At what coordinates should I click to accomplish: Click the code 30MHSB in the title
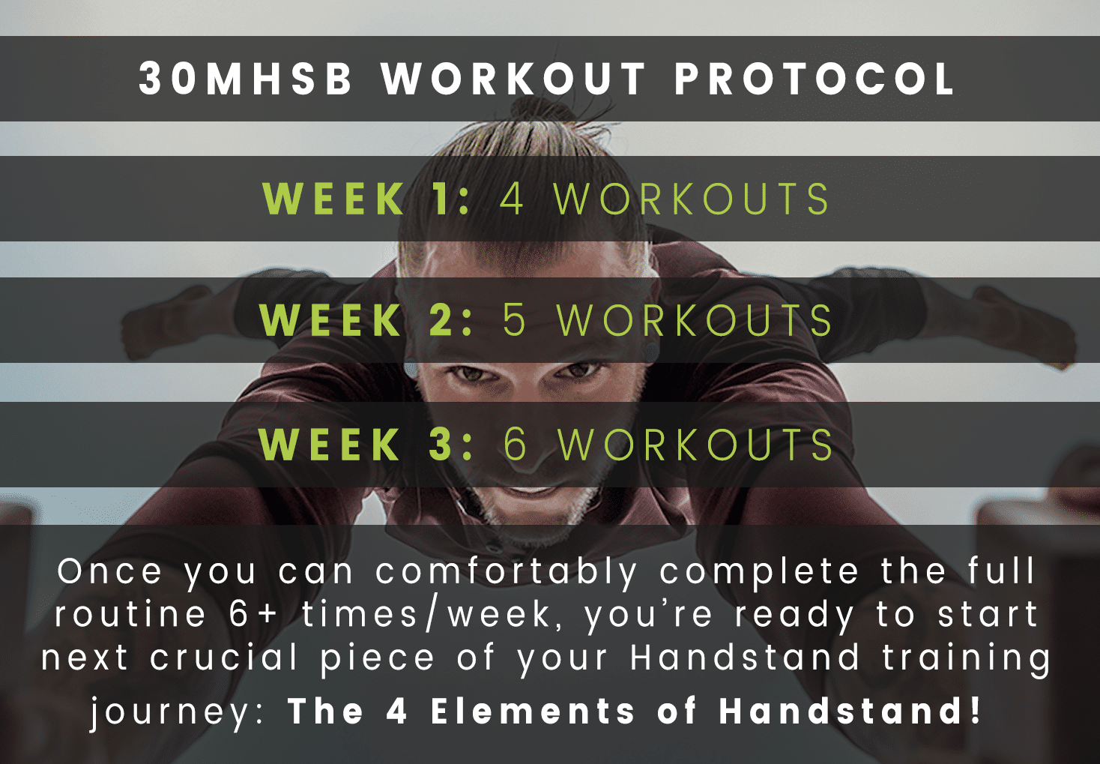[x=246, y=78]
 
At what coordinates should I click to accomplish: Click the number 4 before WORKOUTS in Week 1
[x=511, y=199]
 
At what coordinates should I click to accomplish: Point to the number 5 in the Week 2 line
[x=514, y=320]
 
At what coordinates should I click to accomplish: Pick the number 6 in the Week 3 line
[x=515, y=444]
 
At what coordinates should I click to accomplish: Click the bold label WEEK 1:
[x=366, y=199]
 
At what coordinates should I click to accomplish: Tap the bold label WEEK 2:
[x=366, y=320]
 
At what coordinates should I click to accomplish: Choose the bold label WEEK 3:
[x=366, y=444]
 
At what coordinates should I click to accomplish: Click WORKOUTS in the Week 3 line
[x=696, y=444]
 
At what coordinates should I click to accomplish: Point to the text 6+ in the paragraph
[x=253, y=614]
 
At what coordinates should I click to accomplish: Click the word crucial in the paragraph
[x=224, y=657]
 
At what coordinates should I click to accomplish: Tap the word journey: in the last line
[x=178, y=712]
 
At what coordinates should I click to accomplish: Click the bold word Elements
[x=533, y=711]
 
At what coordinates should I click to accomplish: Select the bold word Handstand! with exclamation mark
[x=850, y=711]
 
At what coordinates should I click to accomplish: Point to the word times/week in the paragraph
[x=426, y=614]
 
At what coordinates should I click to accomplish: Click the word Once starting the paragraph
[x=109, y=571]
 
